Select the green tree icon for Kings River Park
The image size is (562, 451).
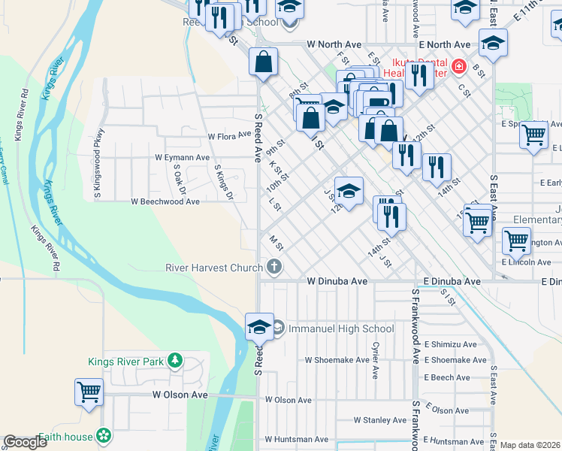pyautogui.click(x=175, y=362)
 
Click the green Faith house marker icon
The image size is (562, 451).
pyautogui.click(x=104, y=436)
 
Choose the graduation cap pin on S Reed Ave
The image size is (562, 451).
pyautogui.click(x=259, y=328)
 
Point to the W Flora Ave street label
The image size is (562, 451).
pyautogui.click(x=229, y=136)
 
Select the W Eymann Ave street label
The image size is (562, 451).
pyautogui.click(x=182, y=158)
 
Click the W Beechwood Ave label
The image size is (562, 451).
pyautogui.click(x=165, y=201)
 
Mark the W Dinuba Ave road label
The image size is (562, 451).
pyautogui.click(x=337, y=281)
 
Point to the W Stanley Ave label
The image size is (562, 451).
pyautogui.click(x=380, y=420)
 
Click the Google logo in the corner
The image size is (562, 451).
pyautogui.click(x=26, y=442)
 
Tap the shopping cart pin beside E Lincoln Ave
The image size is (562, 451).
pyautogui.click(x=516, y=241)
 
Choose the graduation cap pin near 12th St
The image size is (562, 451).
pyautogui.click(x=349, y=192)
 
